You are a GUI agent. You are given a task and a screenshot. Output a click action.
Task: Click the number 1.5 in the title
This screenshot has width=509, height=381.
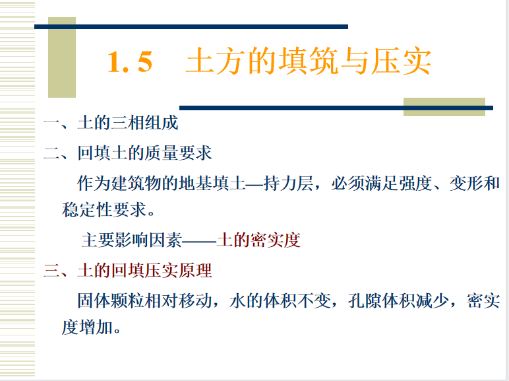click(x=130, y=62)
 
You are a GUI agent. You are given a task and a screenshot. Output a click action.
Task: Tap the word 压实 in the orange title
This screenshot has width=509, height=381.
click(x=402, y=61)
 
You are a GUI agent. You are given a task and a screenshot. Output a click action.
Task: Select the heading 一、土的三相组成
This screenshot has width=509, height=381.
click(x=111, y=123)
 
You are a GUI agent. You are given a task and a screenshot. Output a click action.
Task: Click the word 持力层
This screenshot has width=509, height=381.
click(x=288, y=184)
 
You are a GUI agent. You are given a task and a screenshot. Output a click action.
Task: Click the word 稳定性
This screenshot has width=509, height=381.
click(x=87, y=210)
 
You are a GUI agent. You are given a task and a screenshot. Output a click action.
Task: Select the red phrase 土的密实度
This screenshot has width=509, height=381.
click(x=258, y=240)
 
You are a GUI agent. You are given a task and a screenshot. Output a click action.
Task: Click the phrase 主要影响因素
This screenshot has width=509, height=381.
click(x=132, y=240)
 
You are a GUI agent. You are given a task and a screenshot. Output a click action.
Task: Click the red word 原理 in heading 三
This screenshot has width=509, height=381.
click(x=195, y=271)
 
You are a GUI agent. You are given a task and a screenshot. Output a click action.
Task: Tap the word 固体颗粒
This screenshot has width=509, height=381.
click(x=111, y=300)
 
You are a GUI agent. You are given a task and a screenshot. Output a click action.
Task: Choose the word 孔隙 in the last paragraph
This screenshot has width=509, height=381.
click(x=365, y=300)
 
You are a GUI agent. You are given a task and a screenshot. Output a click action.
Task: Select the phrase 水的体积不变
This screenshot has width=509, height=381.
click(x=280, y=300)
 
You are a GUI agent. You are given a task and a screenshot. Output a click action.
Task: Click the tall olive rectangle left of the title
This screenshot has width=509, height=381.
click(x=62, y=57)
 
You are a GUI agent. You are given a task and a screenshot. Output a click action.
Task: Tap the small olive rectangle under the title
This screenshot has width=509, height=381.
click(x=444, y=107)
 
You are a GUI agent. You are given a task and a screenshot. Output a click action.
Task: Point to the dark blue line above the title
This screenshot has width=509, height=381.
click(x=191, y=26)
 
